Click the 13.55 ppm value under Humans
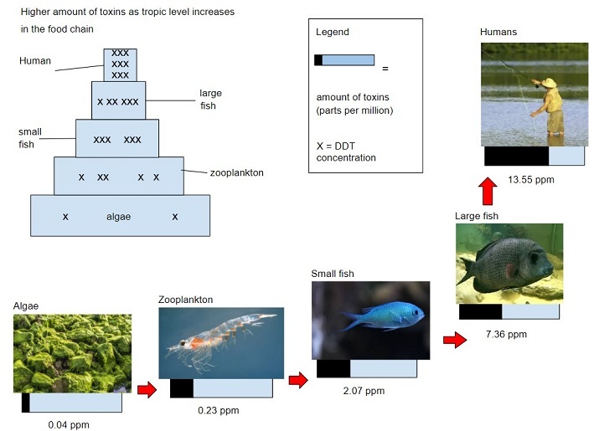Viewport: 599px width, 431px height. tap(531, 180)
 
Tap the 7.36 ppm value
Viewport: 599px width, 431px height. tap(506, 335)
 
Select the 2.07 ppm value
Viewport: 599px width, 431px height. tap(364, 391)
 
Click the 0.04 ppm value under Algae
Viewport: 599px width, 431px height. tap(69, 425)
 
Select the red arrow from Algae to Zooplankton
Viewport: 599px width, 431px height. tap(147, 391)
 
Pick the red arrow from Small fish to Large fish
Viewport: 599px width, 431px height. tap(454, 341)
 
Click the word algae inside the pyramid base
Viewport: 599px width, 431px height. tap(118, 217)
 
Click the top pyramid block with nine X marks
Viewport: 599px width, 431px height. tap(120, 64)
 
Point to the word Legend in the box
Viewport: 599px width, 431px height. tap(332, 32)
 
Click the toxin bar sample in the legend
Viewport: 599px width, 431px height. tap(343, 60)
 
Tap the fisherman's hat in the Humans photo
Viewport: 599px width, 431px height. tap(549, 83)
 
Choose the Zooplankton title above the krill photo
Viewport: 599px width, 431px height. tap(185, 300)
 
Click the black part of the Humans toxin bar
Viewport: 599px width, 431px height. tap(516, 156)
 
